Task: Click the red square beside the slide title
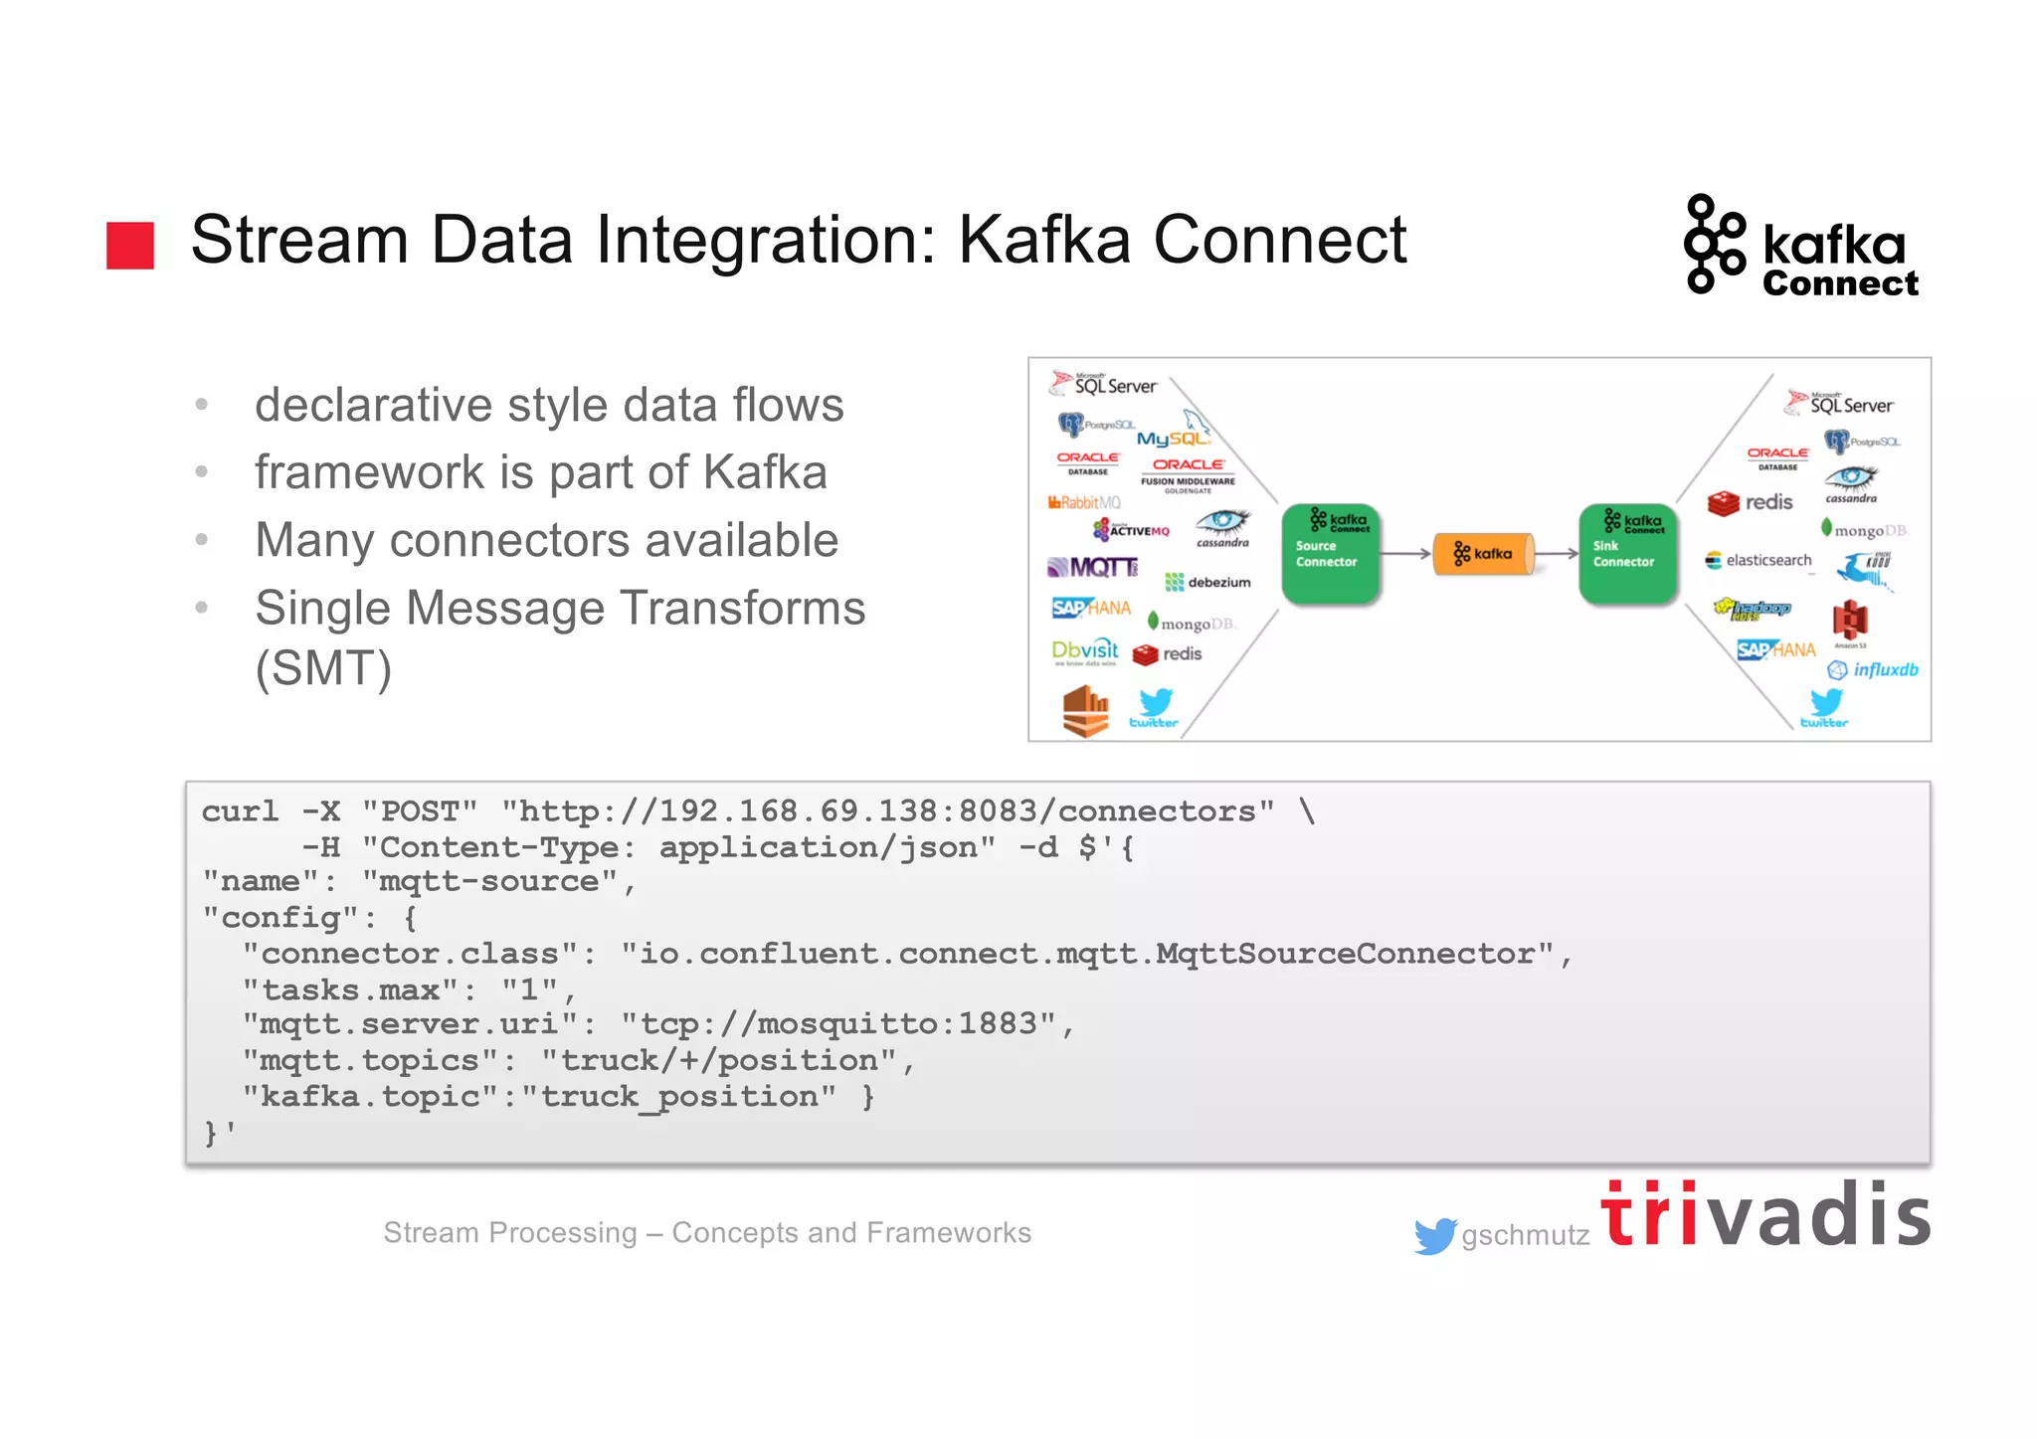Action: [x=130, y=245]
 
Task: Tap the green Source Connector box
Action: [x=1330, y=553]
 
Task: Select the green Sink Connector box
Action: [x=1627, y=553]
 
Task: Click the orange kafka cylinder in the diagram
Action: [x=1482, y=554]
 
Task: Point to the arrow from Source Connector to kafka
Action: [x=1405, y=554]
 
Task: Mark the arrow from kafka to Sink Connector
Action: [x=1558, y=554]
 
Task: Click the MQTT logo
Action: [x=1092, y=568]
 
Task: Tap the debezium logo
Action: [x=1207, y=582]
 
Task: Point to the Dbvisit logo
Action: [x=1084, y=651]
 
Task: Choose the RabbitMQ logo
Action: [x=1083, y=502]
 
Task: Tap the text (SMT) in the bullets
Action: [x=323, y=668]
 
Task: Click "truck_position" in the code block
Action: [x=678, y=1097]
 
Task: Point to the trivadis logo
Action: [x=1764, y=1214]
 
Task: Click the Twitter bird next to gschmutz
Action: [x=1434, y=1235]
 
